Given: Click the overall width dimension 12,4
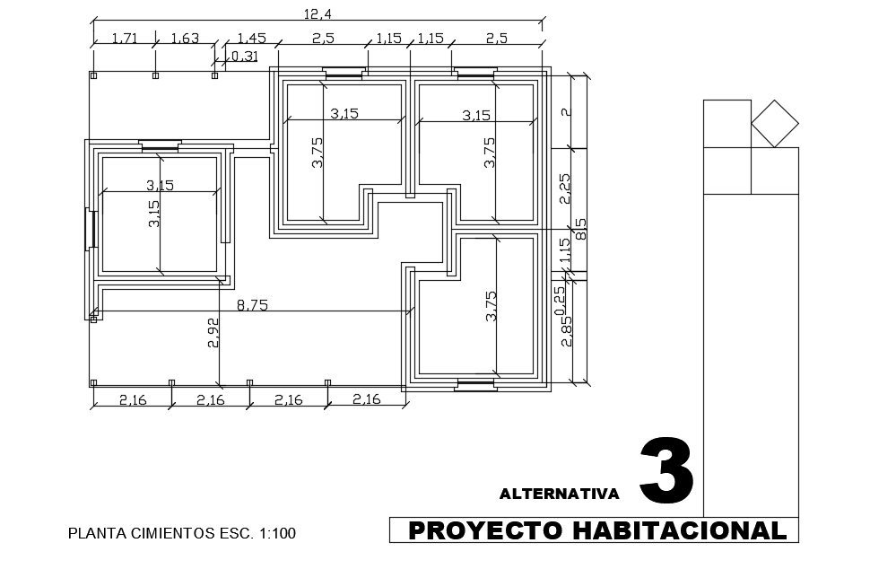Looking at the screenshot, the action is (x=318, y=13).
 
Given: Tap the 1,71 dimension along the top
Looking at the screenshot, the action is (x=125, y=39).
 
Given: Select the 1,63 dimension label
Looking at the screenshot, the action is (x=185, y=39).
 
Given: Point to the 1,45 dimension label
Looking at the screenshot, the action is (x=251, y=39).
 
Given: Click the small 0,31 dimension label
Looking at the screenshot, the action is (x=244, y=56).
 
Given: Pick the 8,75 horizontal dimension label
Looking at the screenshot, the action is (x=252, y=305).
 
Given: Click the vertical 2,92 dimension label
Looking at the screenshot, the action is (x=213, y=333).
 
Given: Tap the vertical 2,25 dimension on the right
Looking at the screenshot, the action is (x=564, y=188).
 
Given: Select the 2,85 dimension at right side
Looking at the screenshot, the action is (x=567, y=331).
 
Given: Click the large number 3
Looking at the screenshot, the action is (x=666, y=471).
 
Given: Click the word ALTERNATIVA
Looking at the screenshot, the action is (x=560, y=494).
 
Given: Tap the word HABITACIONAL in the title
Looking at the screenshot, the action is (x=680, y=530).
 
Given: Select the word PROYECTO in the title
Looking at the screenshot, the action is (x=485, y=530).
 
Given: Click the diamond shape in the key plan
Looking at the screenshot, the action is (x=775, y=124).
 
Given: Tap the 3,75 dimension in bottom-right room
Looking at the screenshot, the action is (x=491, y=306).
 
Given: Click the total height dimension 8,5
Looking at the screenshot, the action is (x=580, y=229).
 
